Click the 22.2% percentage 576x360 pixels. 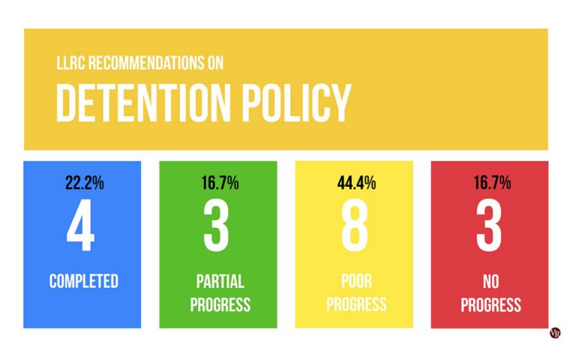click(82, 182)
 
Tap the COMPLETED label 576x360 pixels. click(83, 281)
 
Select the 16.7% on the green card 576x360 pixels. click(217, 182)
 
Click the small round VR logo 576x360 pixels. click(555, 333)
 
